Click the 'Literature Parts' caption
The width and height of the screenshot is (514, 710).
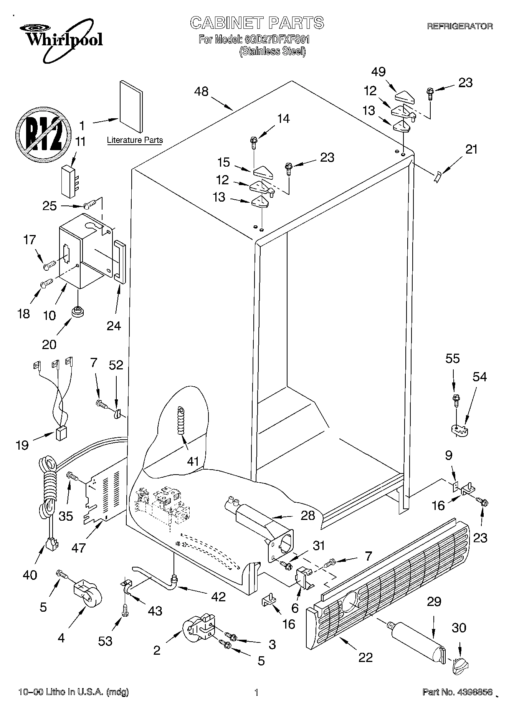coord(135,140)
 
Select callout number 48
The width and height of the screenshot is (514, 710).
coord(201,91)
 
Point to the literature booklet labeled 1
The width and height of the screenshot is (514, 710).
coord(131,106)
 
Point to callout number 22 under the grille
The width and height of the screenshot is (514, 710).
coord(365,657)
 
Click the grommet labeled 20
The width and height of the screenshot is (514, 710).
coord(78,312)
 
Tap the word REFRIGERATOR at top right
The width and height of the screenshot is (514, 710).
coord(460,26)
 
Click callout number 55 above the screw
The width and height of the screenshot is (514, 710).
coord(453,359)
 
